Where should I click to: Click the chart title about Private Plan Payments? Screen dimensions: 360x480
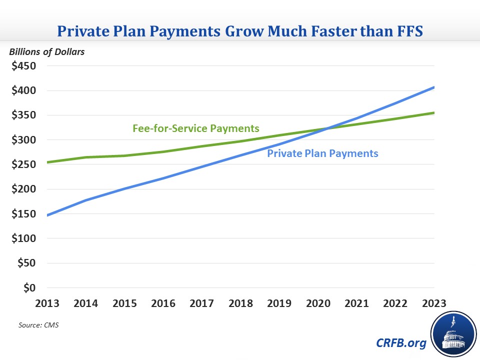[x=240, y=30]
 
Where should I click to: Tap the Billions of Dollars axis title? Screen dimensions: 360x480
[x=45, y=51]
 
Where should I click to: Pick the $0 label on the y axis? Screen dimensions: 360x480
[x=29, y=288]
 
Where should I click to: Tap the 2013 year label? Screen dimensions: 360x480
[x=47, y=303]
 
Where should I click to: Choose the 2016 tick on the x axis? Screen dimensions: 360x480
[x=163, y=303]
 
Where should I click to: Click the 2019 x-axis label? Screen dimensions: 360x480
[x=279, y=303]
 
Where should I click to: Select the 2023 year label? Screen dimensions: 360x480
[x=434, y=303]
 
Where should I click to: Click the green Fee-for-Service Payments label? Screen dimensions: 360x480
[x=196, y=128]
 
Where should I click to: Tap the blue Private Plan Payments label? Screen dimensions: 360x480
[x=322, y=153]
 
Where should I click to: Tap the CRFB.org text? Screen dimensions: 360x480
[x=400, y=343]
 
